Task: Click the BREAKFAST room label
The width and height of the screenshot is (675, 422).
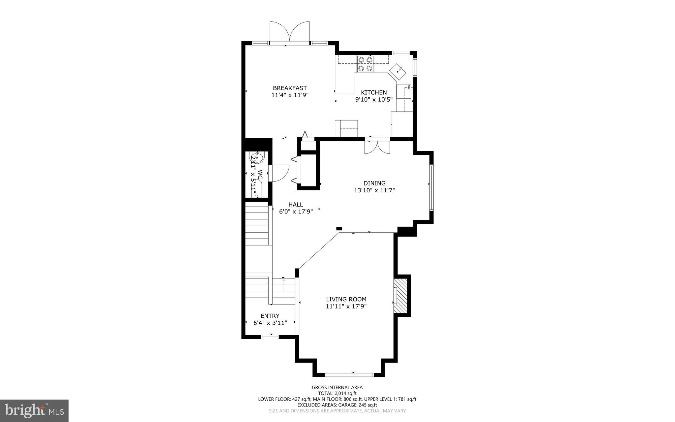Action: (290, 88)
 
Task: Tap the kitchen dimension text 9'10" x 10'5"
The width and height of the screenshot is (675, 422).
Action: (374, 100)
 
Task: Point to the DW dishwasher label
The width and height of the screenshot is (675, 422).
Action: (408, 87)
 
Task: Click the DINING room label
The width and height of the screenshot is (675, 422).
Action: (374, 183)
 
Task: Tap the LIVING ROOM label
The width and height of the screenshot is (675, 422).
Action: (346, 299)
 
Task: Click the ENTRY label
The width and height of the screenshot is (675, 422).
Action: (270, 316)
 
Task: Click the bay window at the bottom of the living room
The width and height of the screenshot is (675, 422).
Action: (349, 374)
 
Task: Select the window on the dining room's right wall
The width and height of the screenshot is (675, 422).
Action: (431, 187)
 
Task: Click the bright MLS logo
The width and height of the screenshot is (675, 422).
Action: (34, 410)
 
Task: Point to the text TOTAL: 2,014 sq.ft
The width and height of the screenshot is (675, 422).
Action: (337, 393)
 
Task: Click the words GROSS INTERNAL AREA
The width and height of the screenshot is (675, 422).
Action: (337, 388)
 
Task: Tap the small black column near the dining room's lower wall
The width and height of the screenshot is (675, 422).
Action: (339, 228)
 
